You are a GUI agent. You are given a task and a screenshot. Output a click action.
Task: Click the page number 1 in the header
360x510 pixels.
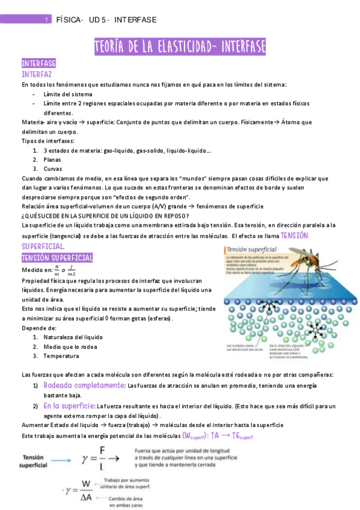click(47, 20)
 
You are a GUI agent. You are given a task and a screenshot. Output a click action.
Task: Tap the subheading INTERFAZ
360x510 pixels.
click(37, 75)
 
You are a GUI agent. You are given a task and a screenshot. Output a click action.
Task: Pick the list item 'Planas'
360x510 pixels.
click(53, 159)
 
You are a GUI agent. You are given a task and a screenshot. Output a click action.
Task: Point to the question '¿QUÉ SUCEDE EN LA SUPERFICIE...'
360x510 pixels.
click(105, 215)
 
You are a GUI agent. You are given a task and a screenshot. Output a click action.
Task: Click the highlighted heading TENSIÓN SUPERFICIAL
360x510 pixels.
click(57, 257)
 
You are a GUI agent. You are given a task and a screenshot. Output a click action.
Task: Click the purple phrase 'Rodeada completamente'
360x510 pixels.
click(84, 385)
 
